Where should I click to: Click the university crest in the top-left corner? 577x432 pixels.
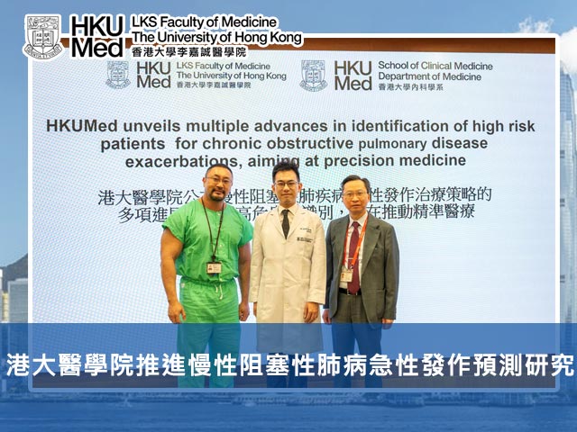pyautogui.click(x=42, y=36)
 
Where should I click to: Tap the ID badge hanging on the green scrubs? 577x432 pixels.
pyautogui.click(x=214, y=267)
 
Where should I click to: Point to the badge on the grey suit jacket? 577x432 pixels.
pyautogui.click(x=346, y=275)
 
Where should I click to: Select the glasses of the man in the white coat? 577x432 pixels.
pyautogui.click(x=287, y=184)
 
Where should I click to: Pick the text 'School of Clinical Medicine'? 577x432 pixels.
pyautogui.click(x=435, y=66)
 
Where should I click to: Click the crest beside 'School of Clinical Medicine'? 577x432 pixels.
pyautogui.click(x=313, y=76)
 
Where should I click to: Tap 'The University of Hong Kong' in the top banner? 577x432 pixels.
pyautogui.click(x=216, y=37)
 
